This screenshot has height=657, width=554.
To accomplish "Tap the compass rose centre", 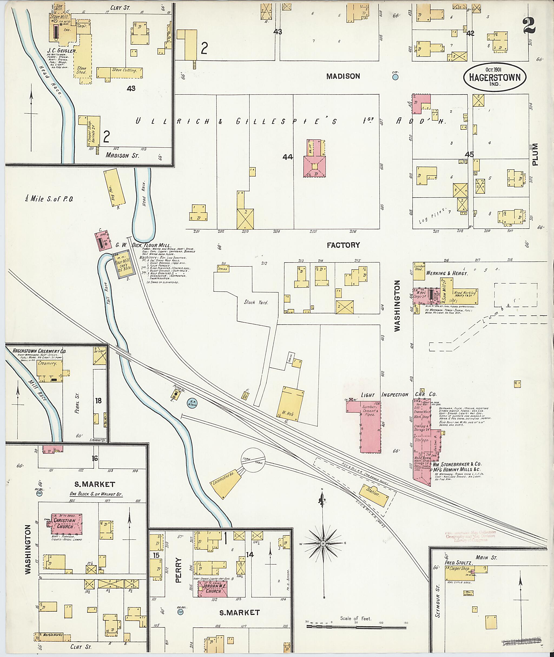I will tap(322, 544).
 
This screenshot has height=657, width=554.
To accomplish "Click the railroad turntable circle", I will tap(253, 460).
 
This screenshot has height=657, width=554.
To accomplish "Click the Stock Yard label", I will tap(256, 303).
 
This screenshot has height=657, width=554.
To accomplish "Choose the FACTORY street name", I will tap(343, 245).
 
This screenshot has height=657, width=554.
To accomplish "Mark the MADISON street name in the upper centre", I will tap(343, 76).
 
